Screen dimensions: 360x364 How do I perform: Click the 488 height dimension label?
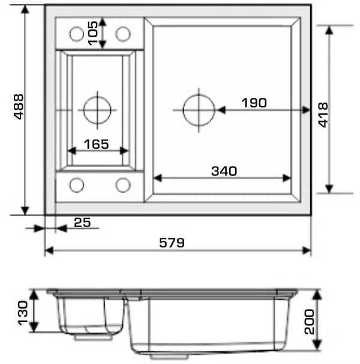pyautogui.click(x=19, y=107)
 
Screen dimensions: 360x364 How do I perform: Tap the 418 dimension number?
pyautogui.click(x=323, y=115)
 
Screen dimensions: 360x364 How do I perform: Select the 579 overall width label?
pyautogui.click(x=172, y=243)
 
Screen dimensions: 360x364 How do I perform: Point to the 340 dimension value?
pyautogui.click(x=224, y=171)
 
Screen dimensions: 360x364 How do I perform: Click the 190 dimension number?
pyautogui.click(x=254, y=103)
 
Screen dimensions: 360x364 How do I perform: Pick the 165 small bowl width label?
pyautogui.click(x=96, y=144)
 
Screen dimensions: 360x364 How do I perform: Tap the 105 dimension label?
pyautogui.click(x=92, y=33)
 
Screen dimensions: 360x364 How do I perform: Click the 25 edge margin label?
pyautogui.click(x=82, y=222)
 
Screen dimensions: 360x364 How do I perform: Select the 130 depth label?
pyautogui.click(x=23, y=313)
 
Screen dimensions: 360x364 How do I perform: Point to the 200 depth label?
pyautogui.click(x=309, y=322)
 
